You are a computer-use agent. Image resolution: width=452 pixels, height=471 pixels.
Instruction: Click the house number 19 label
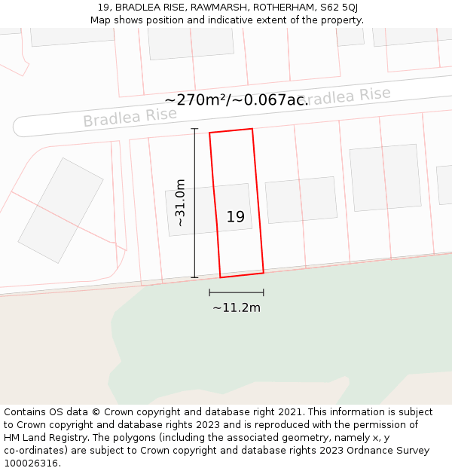tap(235, 217)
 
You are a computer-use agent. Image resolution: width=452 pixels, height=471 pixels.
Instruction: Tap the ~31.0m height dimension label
tap(180, 203)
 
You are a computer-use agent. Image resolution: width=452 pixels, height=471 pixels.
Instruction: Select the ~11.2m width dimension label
tap(236, 307)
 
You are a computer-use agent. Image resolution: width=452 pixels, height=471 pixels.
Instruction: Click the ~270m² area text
tap(197, 99)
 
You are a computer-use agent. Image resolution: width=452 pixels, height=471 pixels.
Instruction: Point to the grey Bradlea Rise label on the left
tap(130, 118)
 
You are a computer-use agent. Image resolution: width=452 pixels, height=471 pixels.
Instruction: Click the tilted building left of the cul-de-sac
tap(60, 210)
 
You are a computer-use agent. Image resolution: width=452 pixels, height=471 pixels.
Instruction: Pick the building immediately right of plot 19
tap(301, 200)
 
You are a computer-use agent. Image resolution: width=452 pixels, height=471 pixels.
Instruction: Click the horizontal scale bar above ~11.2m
tap(236, 292)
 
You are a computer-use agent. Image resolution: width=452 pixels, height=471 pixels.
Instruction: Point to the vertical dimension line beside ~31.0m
tap(194, 203)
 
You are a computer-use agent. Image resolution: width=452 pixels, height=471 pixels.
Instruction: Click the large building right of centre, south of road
tap(385, 177)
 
